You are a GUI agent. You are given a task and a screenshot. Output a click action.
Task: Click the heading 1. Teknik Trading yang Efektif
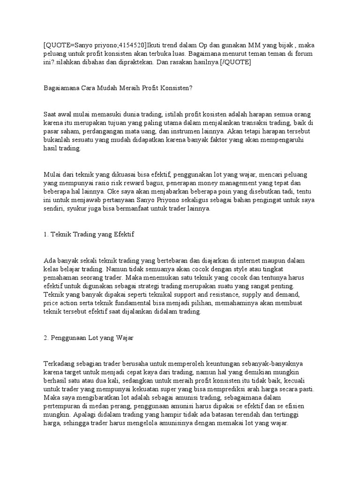pos(89,234)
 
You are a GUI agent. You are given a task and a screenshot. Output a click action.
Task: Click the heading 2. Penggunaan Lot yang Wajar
pos(89,337)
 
